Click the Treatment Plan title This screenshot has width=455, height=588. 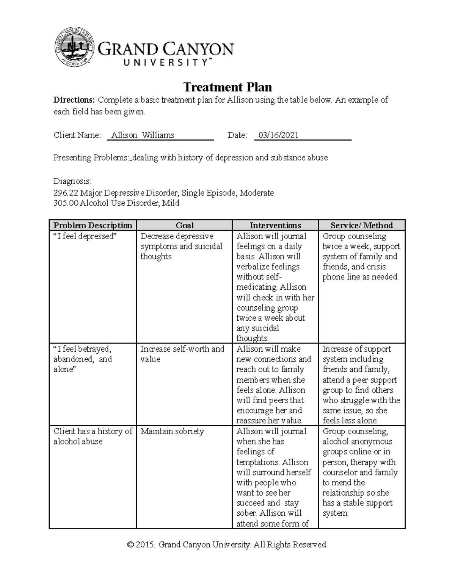227,87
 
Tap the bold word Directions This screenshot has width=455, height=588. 74,100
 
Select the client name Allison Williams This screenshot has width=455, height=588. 143,135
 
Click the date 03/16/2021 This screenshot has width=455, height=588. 278,135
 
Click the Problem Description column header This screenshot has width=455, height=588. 93,225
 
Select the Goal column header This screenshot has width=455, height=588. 184,225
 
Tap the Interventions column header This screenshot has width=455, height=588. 275,225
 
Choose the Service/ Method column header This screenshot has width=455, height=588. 362,225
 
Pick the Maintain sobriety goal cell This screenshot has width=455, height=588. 172,431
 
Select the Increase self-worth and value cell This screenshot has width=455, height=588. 182,354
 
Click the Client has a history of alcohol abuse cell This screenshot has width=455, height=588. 93,436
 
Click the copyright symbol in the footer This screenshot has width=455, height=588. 131,545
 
